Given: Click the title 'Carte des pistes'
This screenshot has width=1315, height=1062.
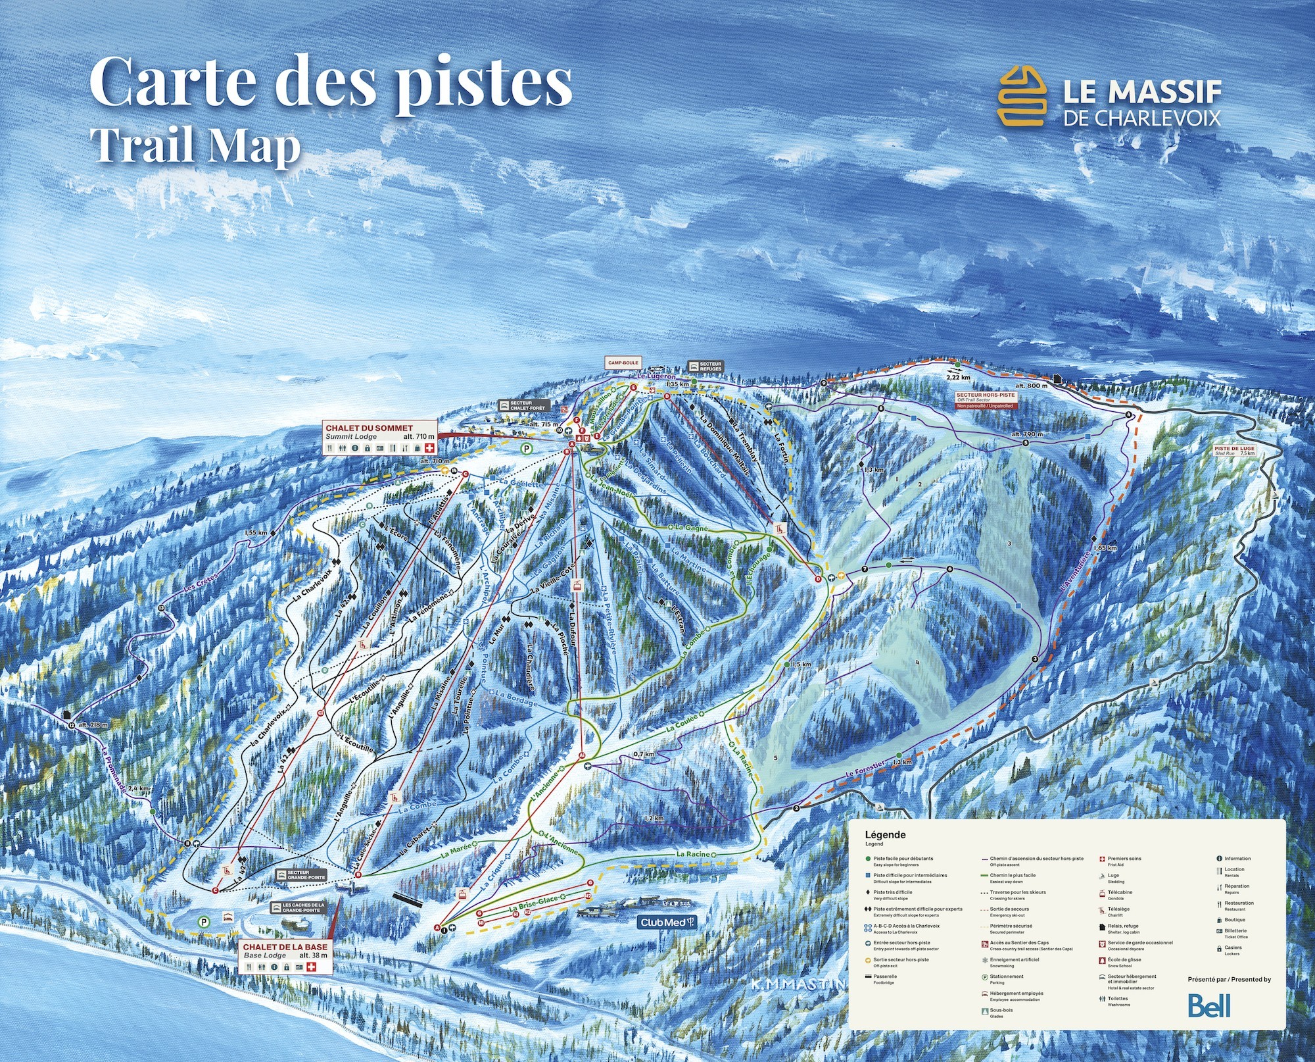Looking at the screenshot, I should click(x=331, y=83).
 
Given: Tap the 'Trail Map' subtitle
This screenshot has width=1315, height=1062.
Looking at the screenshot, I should click(x=195, y=145).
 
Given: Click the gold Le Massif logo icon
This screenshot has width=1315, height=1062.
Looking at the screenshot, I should click(x=1022, y=95).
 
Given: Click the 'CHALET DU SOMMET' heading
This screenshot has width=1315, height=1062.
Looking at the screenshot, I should click(x=369, y=428).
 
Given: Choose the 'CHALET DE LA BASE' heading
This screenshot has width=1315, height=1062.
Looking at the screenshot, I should click(x=285, y=947).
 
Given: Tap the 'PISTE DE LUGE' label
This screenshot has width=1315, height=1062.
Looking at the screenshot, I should click(x=1235, y=449).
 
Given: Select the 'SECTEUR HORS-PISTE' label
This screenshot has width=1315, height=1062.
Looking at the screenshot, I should click(x=986, y=395).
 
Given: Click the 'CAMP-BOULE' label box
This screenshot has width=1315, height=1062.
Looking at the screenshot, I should click(x=623, y=363).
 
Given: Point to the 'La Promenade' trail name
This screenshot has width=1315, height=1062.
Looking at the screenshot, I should click(x=113, y=770).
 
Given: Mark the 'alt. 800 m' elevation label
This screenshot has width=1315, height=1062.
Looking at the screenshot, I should click(x=1031, y=386).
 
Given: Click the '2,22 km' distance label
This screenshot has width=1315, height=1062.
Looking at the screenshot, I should click(x=958, y=378).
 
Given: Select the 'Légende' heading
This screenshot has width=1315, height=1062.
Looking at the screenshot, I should click(x=885, y=835).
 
